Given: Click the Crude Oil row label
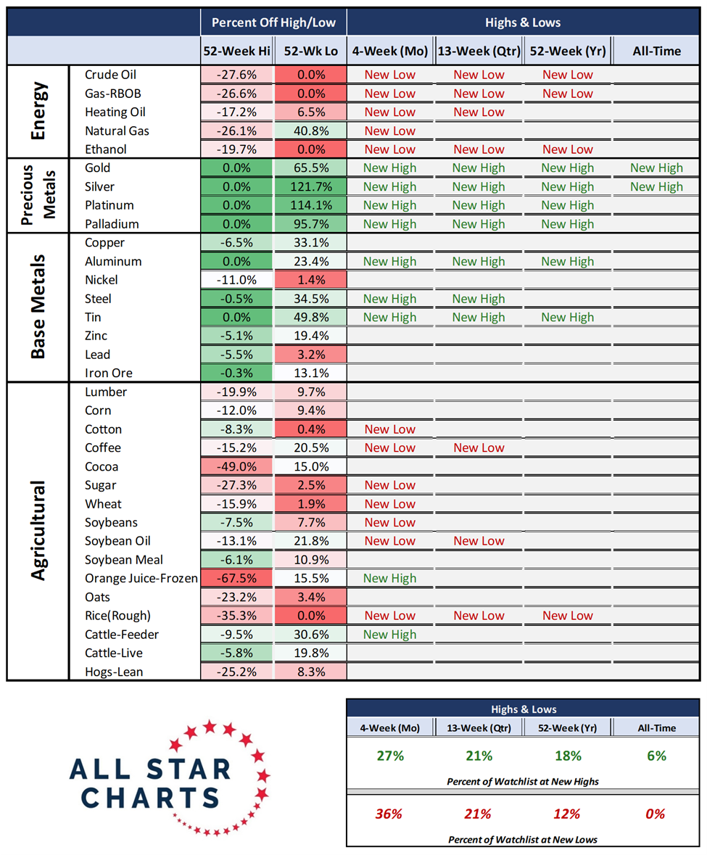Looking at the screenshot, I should (x=110, y=75).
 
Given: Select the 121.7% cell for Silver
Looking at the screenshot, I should (x=310, y=186).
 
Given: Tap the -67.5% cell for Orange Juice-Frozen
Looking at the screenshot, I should (x=237, y=578).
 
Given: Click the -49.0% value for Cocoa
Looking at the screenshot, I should (x=237, y=466).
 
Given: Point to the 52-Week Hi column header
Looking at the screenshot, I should (x=237, y=51).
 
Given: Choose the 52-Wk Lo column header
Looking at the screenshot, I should (x=310, y=51).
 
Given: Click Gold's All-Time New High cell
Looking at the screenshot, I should (x=656, y=168).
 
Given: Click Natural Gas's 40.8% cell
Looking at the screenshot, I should (x=310, y=131).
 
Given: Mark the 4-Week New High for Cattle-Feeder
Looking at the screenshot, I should (x=390, y=635).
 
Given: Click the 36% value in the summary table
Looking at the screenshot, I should (x=389, y=814).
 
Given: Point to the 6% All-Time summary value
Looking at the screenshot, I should (x=656, y=756).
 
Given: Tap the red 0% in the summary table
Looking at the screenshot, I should (x=656, y=814).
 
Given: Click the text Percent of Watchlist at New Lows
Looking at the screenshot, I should (x=523, y=839).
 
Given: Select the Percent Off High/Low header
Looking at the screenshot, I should (x=273, y=22).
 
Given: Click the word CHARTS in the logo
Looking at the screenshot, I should (x=150, y=797).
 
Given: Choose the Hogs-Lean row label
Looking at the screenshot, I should (x=114, y=672).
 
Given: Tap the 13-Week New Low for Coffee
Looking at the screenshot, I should (x=479, y=448).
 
